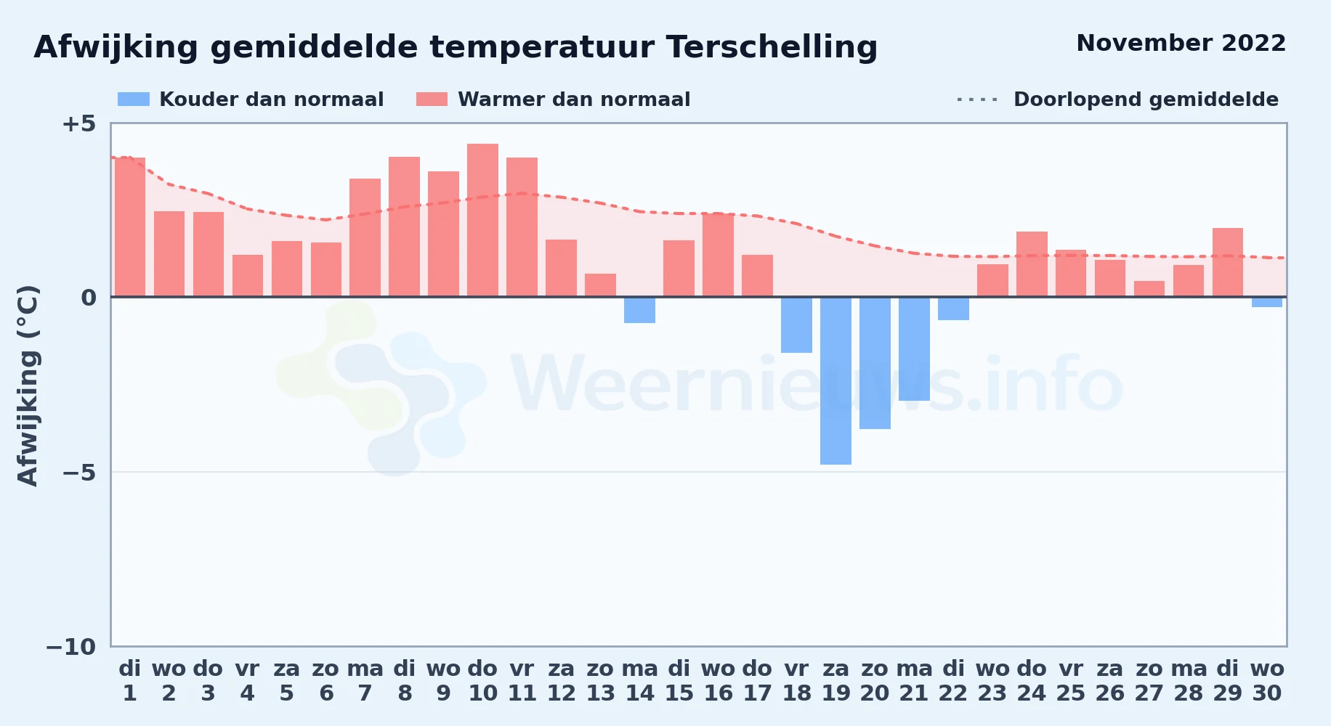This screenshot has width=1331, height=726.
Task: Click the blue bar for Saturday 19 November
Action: click(836, 380)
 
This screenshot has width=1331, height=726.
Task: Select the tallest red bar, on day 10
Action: click(482, 220)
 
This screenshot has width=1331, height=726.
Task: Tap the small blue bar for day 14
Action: click(639, 310)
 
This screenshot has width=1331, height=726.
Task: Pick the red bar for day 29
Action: click(1228, 262)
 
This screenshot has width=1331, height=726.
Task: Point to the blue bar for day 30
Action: click(1267, 302)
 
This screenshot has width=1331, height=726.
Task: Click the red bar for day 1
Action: click(130, 227)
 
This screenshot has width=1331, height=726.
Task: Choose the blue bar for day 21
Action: click(914, 348)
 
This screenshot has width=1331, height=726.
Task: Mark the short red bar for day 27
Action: click(1149, 289)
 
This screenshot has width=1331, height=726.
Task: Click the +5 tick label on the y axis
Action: click(78, 123)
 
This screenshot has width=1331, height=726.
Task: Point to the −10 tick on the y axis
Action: click(70, 647)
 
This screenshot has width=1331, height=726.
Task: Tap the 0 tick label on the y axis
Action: click(89, 298)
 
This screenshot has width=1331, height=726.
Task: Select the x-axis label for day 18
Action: click(796, 681)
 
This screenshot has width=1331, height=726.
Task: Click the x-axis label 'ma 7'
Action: click(365, 681)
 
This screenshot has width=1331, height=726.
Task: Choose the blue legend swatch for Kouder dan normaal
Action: click(134, 99)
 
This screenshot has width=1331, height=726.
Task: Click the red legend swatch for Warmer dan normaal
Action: click(432, 99)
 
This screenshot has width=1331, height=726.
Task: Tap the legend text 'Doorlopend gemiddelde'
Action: click(1146, 99)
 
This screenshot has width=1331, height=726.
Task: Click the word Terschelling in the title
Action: click(772, 47)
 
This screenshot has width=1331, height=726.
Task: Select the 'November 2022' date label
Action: click(1181, 43)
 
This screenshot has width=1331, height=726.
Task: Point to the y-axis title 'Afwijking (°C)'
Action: click(28, 386)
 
